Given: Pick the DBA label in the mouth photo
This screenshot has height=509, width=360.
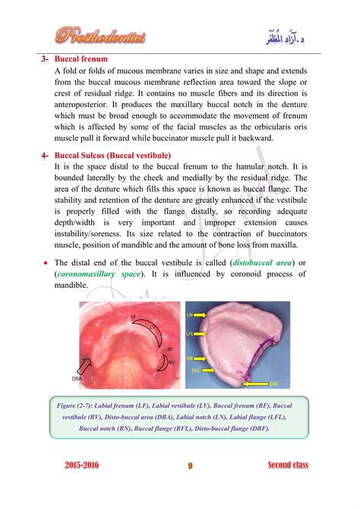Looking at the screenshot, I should tap(77, 378).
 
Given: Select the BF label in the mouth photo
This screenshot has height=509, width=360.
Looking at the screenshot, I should tap(169, 349).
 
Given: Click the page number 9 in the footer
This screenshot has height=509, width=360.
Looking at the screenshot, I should tap(190, 466).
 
